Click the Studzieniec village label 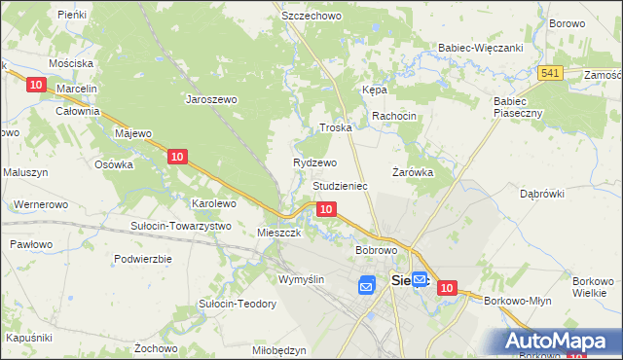pyautogui.click(x=340, y=185)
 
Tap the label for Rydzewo pyautogui.click(x=314, y=162)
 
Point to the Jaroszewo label pyautogui.click(x=212, y=98)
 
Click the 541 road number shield pyautogui.click(x=551, y=73)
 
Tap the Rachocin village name pyautogui.click(x=394, y=116)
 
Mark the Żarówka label pyautogui.click(x=412, y=171)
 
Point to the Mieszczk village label pyautogui.click(x=279, y=234)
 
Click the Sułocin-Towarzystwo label pyautogui.click(x=180, y=226)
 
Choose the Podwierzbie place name pyautogui.click(x=143, y=259)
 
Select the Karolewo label pyautogui.click(x=213, y=203)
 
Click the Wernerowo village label pyautogui.click(x=40, y=205)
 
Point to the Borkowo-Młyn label pyautogui.click(x=517, y=301)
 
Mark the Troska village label pyautogui.click(x=335, y=127)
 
